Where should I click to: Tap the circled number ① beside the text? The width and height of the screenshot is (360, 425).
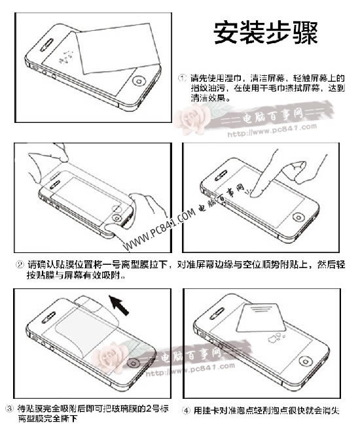pos(183,78)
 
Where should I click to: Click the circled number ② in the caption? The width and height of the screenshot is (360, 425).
pos(20,265)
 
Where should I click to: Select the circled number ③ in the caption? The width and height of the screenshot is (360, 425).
pos(8,409)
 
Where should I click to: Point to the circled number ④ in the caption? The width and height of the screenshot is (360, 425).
pos(186,410)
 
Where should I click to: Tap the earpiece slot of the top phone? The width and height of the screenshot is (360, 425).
pos(46,47)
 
